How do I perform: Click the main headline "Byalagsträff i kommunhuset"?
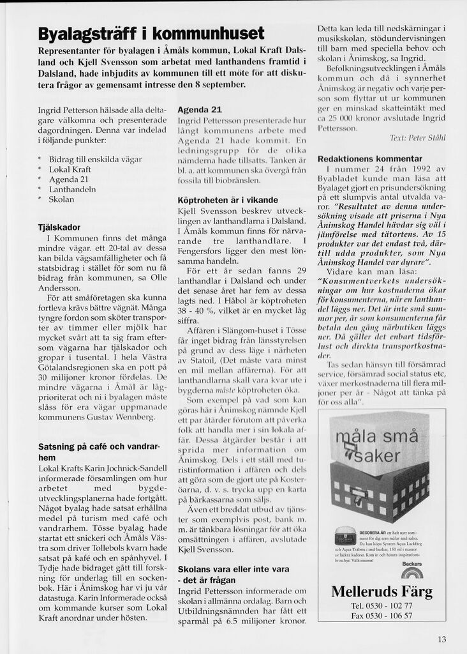tap(151, 33)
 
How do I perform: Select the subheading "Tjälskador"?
tap(59, 227)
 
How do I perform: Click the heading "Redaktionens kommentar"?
tap(369, 158)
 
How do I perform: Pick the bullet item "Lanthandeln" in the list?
tap(71, 189)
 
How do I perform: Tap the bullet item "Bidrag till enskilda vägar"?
tap(94, 159)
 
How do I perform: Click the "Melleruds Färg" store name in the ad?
tap(382, 591)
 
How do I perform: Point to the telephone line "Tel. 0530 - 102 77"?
tap(382, 605)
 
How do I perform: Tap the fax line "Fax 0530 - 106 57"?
tap(382, 616)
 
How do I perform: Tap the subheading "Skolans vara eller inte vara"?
tap(233, 574)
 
